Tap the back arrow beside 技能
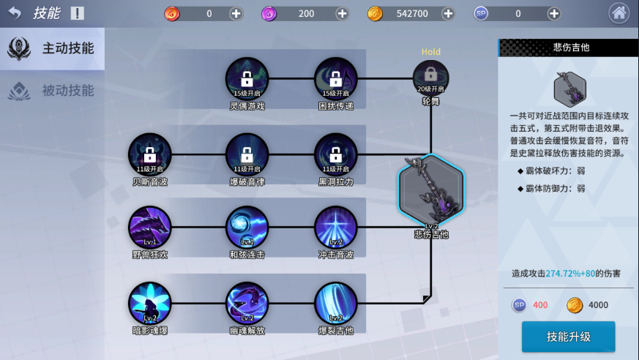coord(15,13)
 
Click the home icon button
coord(619,13)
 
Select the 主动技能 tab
coord(52,48)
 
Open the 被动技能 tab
coord(52,91)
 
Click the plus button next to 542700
coord(448,14)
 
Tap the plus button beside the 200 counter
coord(342,14)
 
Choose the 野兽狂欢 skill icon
coord(150,227)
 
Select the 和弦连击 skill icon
coord(247,227)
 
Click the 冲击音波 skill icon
coord(336,227)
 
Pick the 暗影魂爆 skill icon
coord(150,303)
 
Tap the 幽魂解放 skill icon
coord(247,303)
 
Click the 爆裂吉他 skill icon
coord(336,303)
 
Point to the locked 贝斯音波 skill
coord(150,154)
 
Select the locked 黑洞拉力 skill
coord(336,154)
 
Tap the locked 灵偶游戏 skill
coord(247,78)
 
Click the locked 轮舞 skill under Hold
coord(430,78)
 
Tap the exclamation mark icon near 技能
coord(77,13)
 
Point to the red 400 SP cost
coord(540,305)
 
